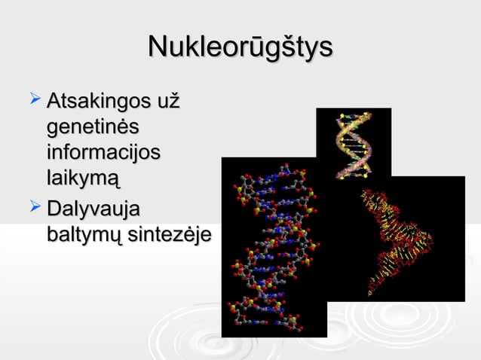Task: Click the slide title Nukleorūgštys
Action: [240, 47]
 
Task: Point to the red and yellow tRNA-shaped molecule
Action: [396, 241]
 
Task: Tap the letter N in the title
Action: [157, 47]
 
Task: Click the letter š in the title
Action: [293, 47]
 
